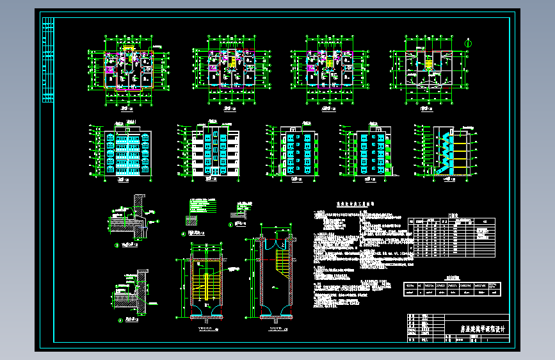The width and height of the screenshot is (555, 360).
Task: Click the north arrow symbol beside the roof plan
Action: point(469,43)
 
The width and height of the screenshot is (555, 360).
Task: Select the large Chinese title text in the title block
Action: point(479,331)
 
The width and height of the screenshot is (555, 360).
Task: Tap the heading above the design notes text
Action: point(356,208)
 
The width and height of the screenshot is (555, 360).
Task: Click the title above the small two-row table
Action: point(452,279)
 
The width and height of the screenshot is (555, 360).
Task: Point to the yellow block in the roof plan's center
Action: point(427,63)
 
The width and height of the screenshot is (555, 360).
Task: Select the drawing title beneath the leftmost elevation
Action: point(122,181)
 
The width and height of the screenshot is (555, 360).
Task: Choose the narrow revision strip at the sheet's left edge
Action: point(48,61)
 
